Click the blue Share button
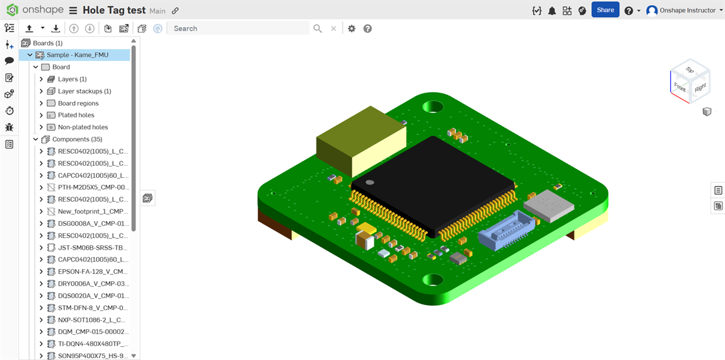click(605, 10)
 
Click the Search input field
click(240, 28)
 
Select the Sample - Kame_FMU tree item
click(77, 55)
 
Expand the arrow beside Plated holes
click(41, 115)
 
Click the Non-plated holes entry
click(83, 127)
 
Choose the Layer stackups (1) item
click(84, 91)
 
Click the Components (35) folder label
click(77, 139)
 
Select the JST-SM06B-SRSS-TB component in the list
click(93, 248)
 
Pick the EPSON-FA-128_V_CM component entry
click(93, 272)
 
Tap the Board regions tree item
click(78, 103)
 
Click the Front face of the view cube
click(680, 87)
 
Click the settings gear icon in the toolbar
click(352, 28)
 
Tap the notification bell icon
click(552, 11)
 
